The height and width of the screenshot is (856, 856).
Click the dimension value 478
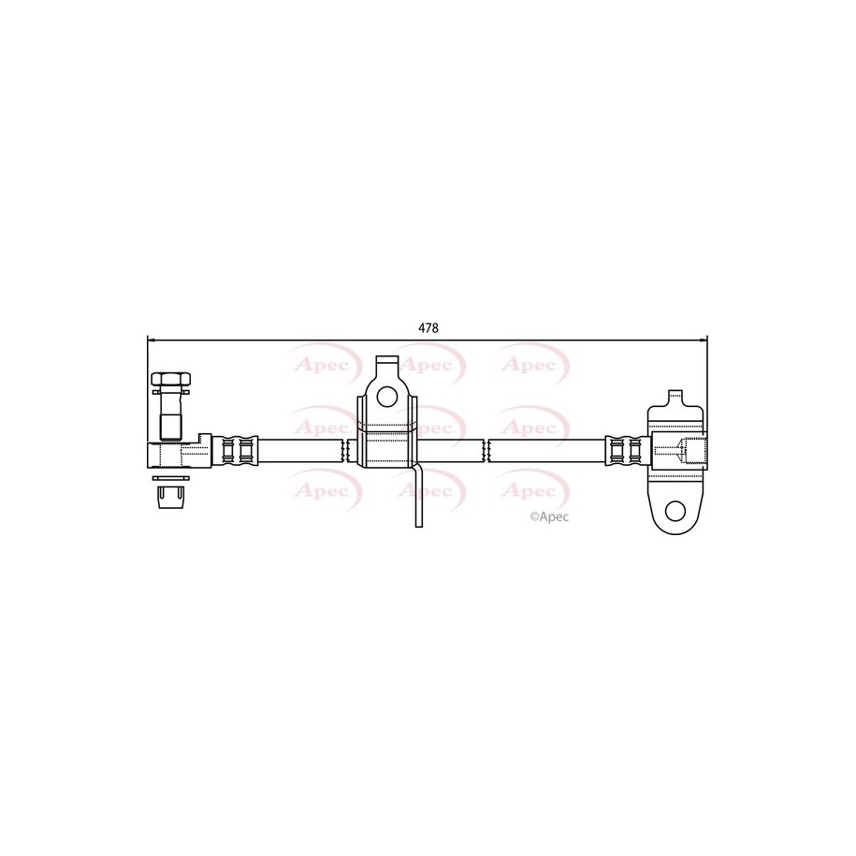(428, 328)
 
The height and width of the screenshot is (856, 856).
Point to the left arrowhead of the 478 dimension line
(152, 341)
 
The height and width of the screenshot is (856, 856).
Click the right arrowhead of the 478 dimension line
(704, 341)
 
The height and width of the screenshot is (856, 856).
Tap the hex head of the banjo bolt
(171, 380)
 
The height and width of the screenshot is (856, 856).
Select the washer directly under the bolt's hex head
(171, 391)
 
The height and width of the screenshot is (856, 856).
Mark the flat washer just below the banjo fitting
(171, 478)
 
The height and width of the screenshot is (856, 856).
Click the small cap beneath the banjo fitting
(170, 497)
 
